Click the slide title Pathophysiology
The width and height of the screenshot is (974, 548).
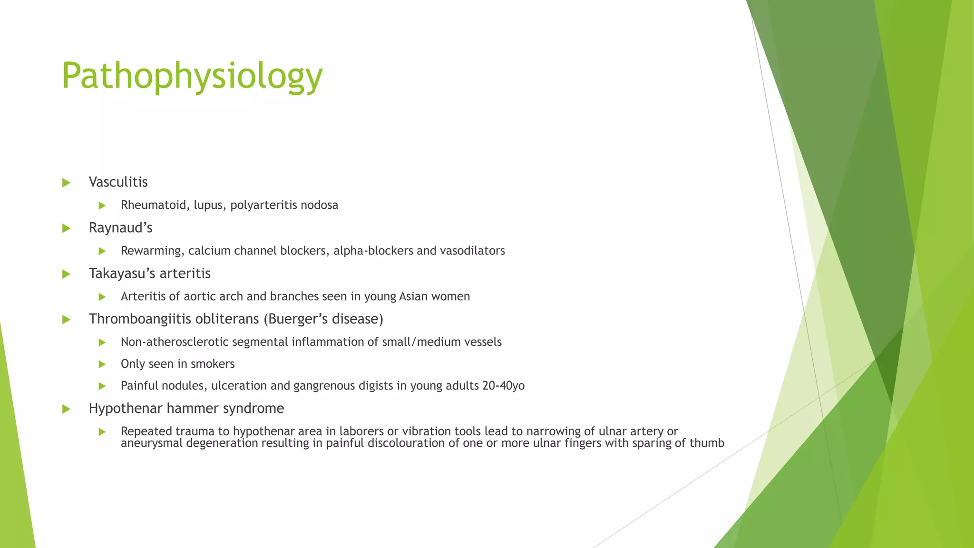192,76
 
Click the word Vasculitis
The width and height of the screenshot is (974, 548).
118,182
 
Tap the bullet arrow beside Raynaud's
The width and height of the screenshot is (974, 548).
66,228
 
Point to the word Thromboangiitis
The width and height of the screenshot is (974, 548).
139,319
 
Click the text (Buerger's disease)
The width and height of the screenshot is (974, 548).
323,319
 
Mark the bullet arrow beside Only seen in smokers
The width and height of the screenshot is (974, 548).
102,364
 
